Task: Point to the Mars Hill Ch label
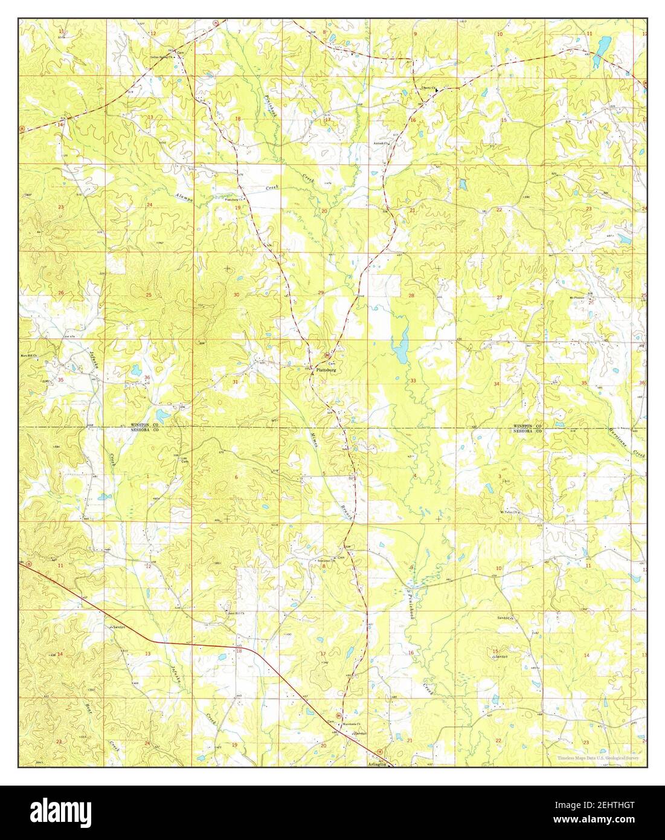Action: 30,356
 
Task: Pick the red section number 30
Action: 236,294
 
